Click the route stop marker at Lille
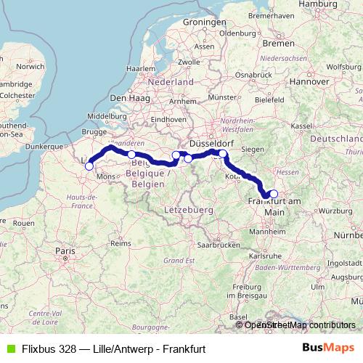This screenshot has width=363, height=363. pyautogui.click(x=89, y=166)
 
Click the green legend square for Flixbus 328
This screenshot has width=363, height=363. pyautogui.click(x=9, y=348)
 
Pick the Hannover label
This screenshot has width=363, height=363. pyautogui.click(x=311, y=81)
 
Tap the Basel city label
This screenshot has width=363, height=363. pyautogui.click(x=237, y=317)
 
